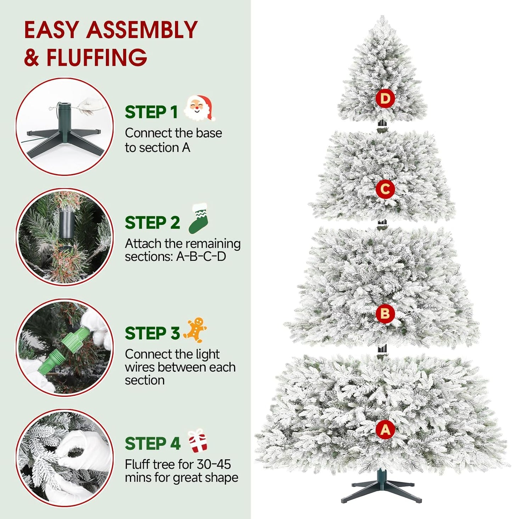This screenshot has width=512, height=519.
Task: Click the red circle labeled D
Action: pos(385,98)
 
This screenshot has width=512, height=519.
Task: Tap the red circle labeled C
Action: pos(385,189)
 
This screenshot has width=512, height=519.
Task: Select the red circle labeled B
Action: pos(385,314)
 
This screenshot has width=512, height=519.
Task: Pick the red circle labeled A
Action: pos(385,429)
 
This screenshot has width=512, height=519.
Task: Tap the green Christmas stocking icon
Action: pos(198,219)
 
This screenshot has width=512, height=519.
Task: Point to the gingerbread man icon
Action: pos(195,330)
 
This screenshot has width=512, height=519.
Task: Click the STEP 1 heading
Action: pos(151,112)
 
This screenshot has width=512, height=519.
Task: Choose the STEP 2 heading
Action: pos(152,223)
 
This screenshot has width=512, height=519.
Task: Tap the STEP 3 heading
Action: pos(152,333)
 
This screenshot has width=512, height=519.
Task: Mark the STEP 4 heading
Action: pos(152,444)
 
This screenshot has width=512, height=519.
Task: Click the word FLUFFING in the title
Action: pos(96,57)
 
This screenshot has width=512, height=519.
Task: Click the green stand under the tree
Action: pos(382,489)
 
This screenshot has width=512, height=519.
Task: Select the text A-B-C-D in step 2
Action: pos(201,256)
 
